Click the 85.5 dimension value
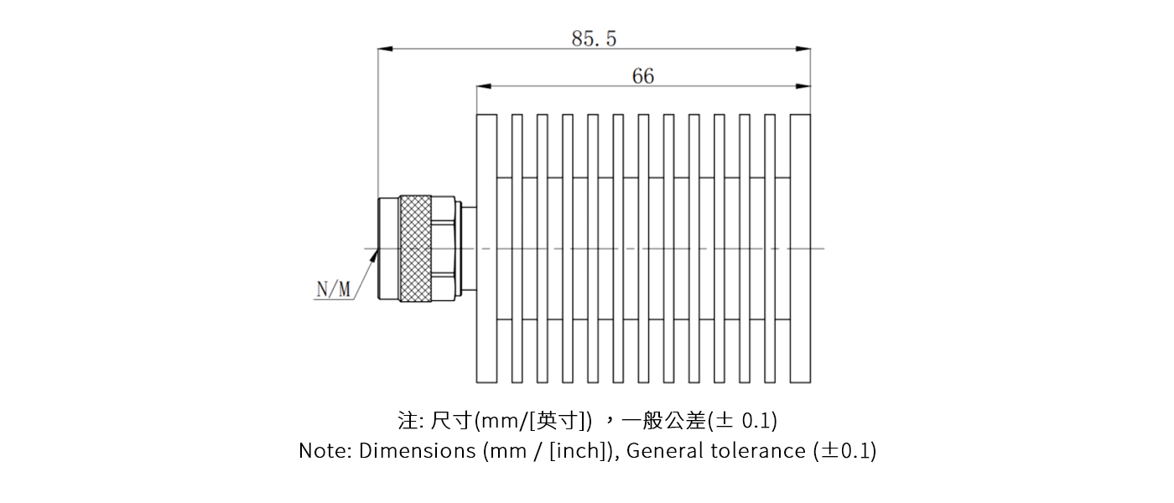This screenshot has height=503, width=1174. coord(594,38)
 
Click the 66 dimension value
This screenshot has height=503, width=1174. coord(643,75)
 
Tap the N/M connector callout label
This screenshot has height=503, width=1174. coord(334,290)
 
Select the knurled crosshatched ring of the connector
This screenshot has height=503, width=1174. coord(415,249)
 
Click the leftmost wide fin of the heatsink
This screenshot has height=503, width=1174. coord(486,248)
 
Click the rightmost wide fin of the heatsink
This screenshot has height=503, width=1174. coord(800,248)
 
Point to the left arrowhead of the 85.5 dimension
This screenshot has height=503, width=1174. coord(384,49)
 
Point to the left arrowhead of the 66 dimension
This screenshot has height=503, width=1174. coord(483,86)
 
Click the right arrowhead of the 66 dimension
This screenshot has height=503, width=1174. coord(804,86)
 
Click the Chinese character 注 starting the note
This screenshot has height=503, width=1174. coord(408,419)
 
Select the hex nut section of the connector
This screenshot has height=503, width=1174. coord(444,249)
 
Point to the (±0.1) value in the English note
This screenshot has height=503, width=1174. coord(845,451)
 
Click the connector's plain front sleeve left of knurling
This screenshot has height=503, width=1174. coord(388,249)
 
